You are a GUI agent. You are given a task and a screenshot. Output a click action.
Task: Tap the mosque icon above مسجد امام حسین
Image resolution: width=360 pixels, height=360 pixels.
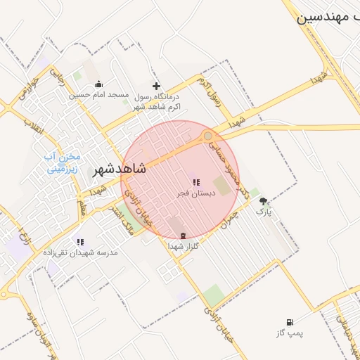click(x=99, y=84)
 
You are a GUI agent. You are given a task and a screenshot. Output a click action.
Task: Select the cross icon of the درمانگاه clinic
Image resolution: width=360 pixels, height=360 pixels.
click(x=156, y=86)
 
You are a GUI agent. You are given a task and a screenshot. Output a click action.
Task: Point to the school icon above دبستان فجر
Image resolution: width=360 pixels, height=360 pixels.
click(x=195, y=182)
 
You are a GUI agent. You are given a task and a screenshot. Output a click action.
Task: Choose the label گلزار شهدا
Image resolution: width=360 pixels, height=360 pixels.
click(x=184, y=246)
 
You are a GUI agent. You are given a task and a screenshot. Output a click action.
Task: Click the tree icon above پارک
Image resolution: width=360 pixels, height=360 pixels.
click(x=264, y=200)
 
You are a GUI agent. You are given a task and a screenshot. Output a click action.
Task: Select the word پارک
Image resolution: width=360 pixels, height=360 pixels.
click(x=264, y=210)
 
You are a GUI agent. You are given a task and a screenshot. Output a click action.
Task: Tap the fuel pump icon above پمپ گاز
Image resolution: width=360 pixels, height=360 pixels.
click(x=290, y=322)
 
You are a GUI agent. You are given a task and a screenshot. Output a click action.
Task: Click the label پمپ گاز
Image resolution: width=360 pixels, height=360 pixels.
click(x=290, y=333)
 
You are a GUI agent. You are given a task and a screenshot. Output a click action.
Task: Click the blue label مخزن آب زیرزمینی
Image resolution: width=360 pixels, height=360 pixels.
click(x=63, y=162)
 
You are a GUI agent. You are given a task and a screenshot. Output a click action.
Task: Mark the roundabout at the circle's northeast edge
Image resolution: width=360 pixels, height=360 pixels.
click(x=208, y=135)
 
